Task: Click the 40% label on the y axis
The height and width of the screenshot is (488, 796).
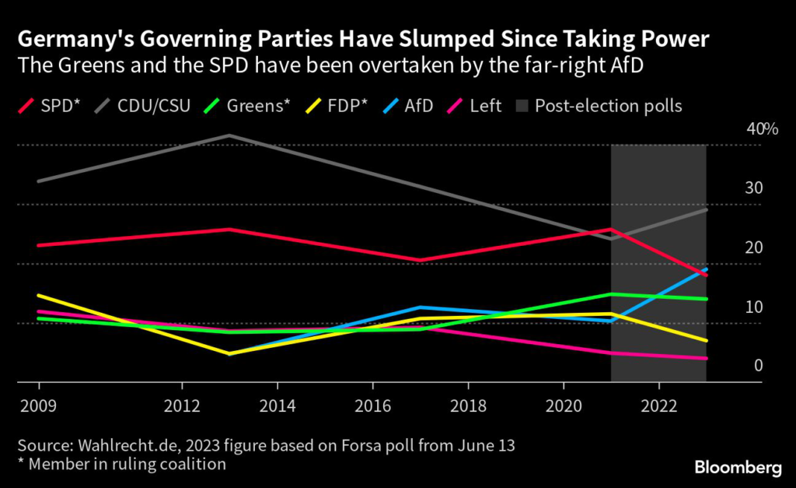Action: click(762, 129)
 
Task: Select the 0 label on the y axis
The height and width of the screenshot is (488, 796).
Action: click(758, 366)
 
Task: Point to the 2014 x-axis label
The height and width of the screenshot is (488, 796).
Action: click(277, 405)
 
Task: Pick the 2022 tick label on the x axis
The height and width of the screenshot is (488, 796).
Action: click(658, 405)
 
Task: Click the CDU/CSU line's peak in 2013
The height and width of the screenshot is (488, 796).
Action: click(229, 135)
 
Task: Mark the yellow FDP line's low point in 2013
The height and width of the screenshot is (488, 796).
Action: click(229, 354)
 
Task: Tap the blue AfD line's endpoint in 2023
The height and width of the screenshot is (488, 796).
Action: click(706, 269)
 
